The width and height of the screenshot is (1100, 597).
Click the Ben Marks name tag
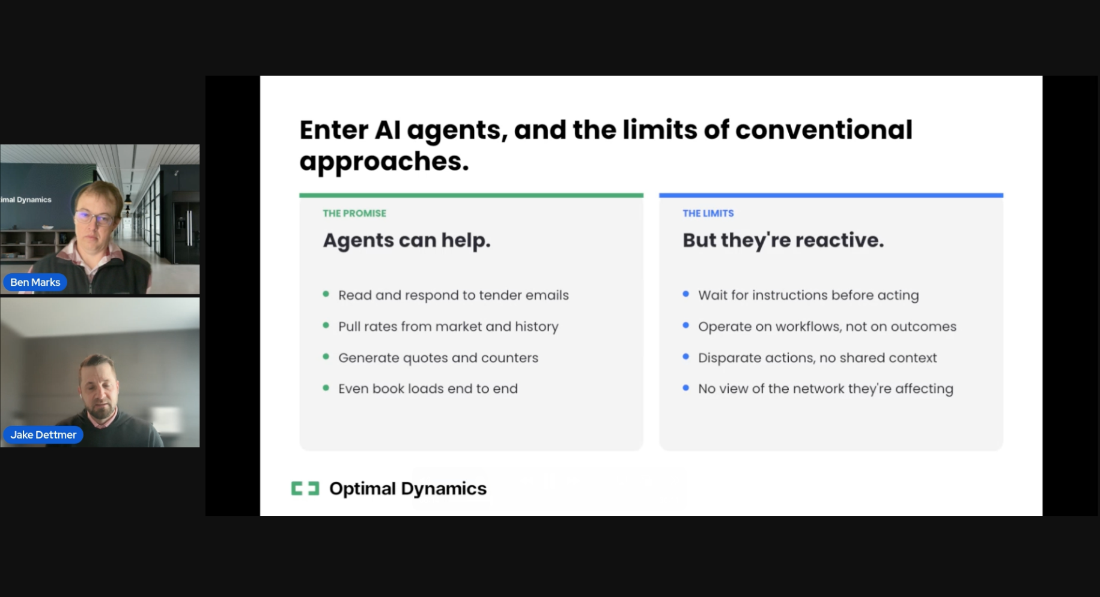tap(35, 282)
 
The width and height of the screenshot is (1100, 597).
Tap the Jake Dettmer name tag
tap(43, 435)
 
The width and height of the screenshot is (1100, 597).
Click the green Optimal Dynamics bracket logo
tap(305, 488)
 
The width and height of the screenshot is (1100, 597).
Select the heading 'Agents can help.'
tap(407, 240)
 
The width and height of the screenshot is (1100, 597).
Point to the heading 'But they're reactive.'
tap(783, 240)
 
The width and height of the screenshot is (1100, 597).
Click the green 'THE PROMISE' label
tap(354, 213)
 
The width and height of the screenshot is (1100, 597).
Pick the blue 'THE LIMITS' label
tap(708, 213)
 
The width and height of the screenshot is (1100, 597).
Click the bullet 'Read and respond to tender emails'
tap(453, 295)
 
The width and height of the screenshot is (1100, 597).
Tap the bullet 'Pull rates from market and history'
tap(448, 326)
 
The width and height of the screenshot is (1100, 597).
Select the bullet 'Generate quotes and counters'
tap(438, 357)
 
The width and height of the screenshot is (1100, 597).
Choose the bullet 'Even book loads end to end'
tap(428, 389)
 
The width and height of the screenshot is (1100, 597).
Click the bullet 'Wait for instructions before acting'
tap(808, 295)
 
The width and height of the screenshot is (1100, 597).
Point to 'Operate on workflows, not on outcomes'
tap(827, 326)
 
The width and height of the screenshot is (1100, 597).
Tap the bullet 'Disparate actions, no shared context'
tap(817, 357)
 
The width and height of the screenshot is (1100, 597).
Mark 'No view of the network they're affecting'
tap(825, 389)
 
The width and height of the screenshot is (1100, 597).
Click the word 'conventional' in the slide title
tap(824, 130)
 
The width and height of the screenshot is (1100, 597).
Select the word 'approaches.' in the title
tap(384, 161)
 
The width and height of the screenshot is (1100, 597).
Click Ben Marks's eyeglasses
tap(95, 217)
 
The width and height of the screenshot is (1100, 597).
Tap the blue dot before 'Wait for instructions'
tap(685, 294)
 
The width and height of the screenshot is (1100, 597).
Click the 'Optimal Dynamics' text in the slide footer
tap(408, 488)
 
